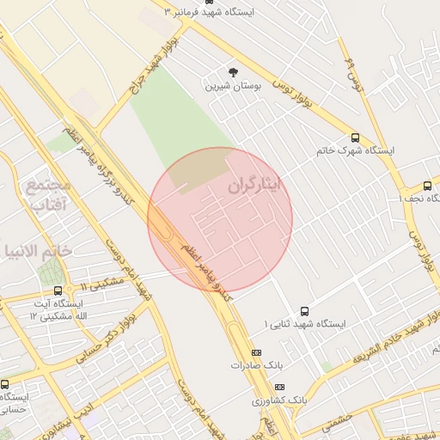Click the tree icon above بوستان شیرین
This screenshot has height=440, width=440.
coord(233,71)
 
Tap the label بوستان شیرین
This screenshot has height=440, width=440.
coord(232,87)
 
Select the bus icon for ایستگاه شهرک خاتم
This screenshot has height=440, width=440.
coord(355,137)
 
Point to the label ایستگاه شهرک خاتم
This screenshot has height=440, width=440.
coord(355,150)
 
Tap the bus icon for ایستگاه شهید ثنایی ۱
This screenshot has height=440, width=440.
coord(304,311)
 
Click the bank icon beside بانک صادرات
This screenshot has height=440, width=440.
coord(255,352)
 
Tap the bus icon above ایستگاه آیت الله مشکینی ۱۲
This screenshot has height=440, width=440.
coord(58,290)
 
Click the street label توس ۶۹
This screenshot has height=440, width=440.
coord(351,76)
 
